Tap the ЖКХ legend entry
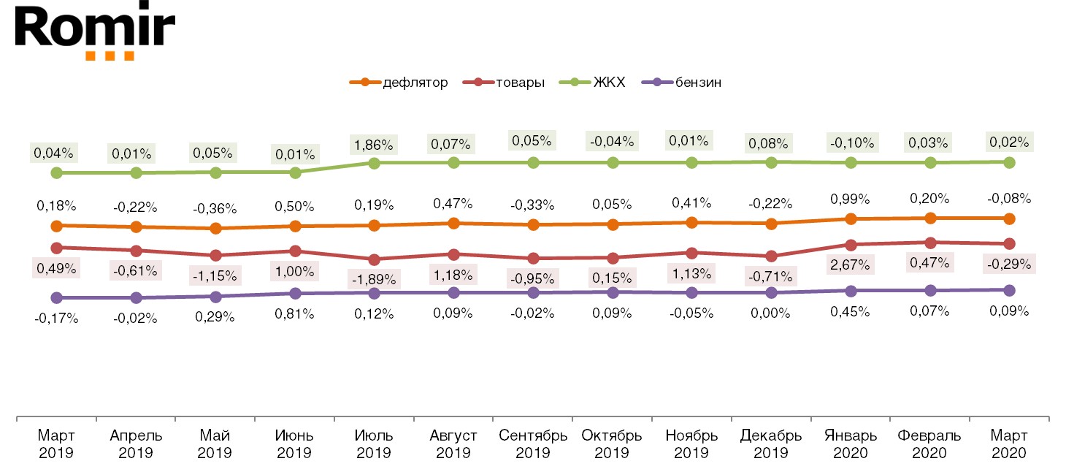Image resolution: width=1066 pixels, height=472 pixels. point(593,83)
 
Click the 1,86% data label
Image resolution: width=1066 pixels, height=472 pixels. point(374,145)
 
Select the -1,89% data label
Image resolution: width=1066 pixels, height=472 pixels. point(374,278)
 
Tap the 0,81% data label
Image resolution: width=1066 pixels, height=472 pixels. point(295,314)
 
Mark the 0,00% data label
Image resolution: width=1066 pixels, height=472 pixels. point(771,313)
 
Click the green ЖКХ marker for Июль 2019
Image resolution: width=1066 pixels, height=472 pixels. point(374,163)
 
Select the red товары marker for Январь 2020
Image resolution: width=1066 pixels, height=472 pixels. point(851,245)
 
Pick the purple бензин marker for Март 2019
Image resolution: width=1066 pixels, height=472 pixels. point(56,298)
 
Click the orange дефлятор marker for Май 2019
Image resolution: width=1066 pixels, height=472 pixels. point(215,229)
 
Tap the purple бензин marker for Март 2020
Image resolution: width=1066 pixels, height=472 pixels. point(1009,290)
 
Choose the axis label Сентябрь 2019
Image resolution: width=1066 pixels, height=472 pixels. point(533,444)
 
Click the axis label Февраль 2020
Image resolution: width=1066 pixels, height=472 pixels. point(929,444)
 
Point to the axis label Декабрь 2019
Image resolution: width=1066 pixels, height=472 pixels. point(771,444)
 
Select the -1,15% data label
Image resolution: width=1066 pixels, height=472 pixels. point(215,275)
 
